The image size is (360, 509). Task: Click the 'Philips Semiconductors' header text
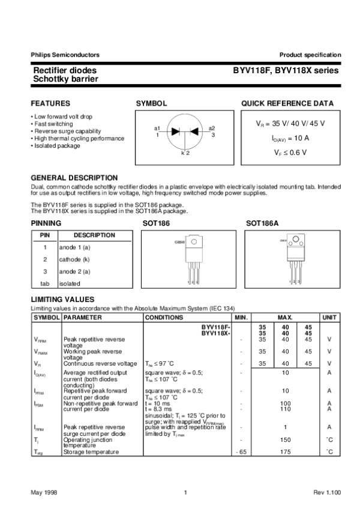[x=65, y=55]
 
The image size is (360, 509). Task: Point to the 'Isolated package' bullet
[x=57, y=145]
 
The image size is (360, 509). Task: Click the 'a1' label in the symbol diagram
[x=157, y=128]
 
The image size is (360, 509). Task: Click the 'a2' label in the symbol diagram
[x=212, y=128]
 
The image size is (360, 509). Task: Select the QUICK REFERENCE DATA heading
[x=287, y=104]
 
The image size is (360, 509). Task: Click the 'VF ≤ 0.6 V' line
[x=290, y=152]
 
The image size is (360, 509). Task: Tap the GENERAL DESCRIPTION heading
[x=74, y=178]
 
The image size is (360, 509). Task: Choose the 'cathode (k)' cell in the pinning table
[x=74, y=259]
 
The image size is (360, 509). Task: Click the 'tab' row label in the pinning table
[x=44, y=283]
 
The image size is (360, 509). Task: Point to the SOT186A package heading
[x=262, y=223]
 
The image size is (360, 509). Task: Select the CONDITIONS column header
[x=164, y=317]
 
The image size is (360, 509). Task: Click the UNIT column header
[x=329, y=317]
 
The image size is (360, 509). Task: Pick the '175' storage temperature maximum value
[x=286, y=451]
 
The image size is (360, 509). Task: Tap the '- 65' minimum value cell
[x=241, y=451]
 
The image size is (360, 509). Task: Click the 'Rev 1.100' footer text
[x=327, y=493]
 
